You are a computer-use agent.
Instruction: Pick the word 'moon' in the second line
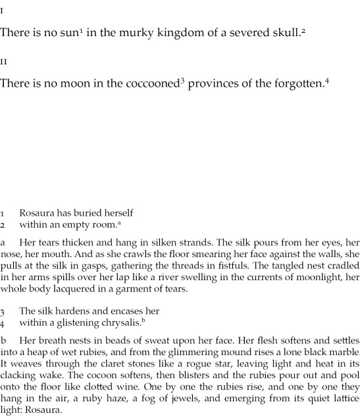[75, 84]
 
